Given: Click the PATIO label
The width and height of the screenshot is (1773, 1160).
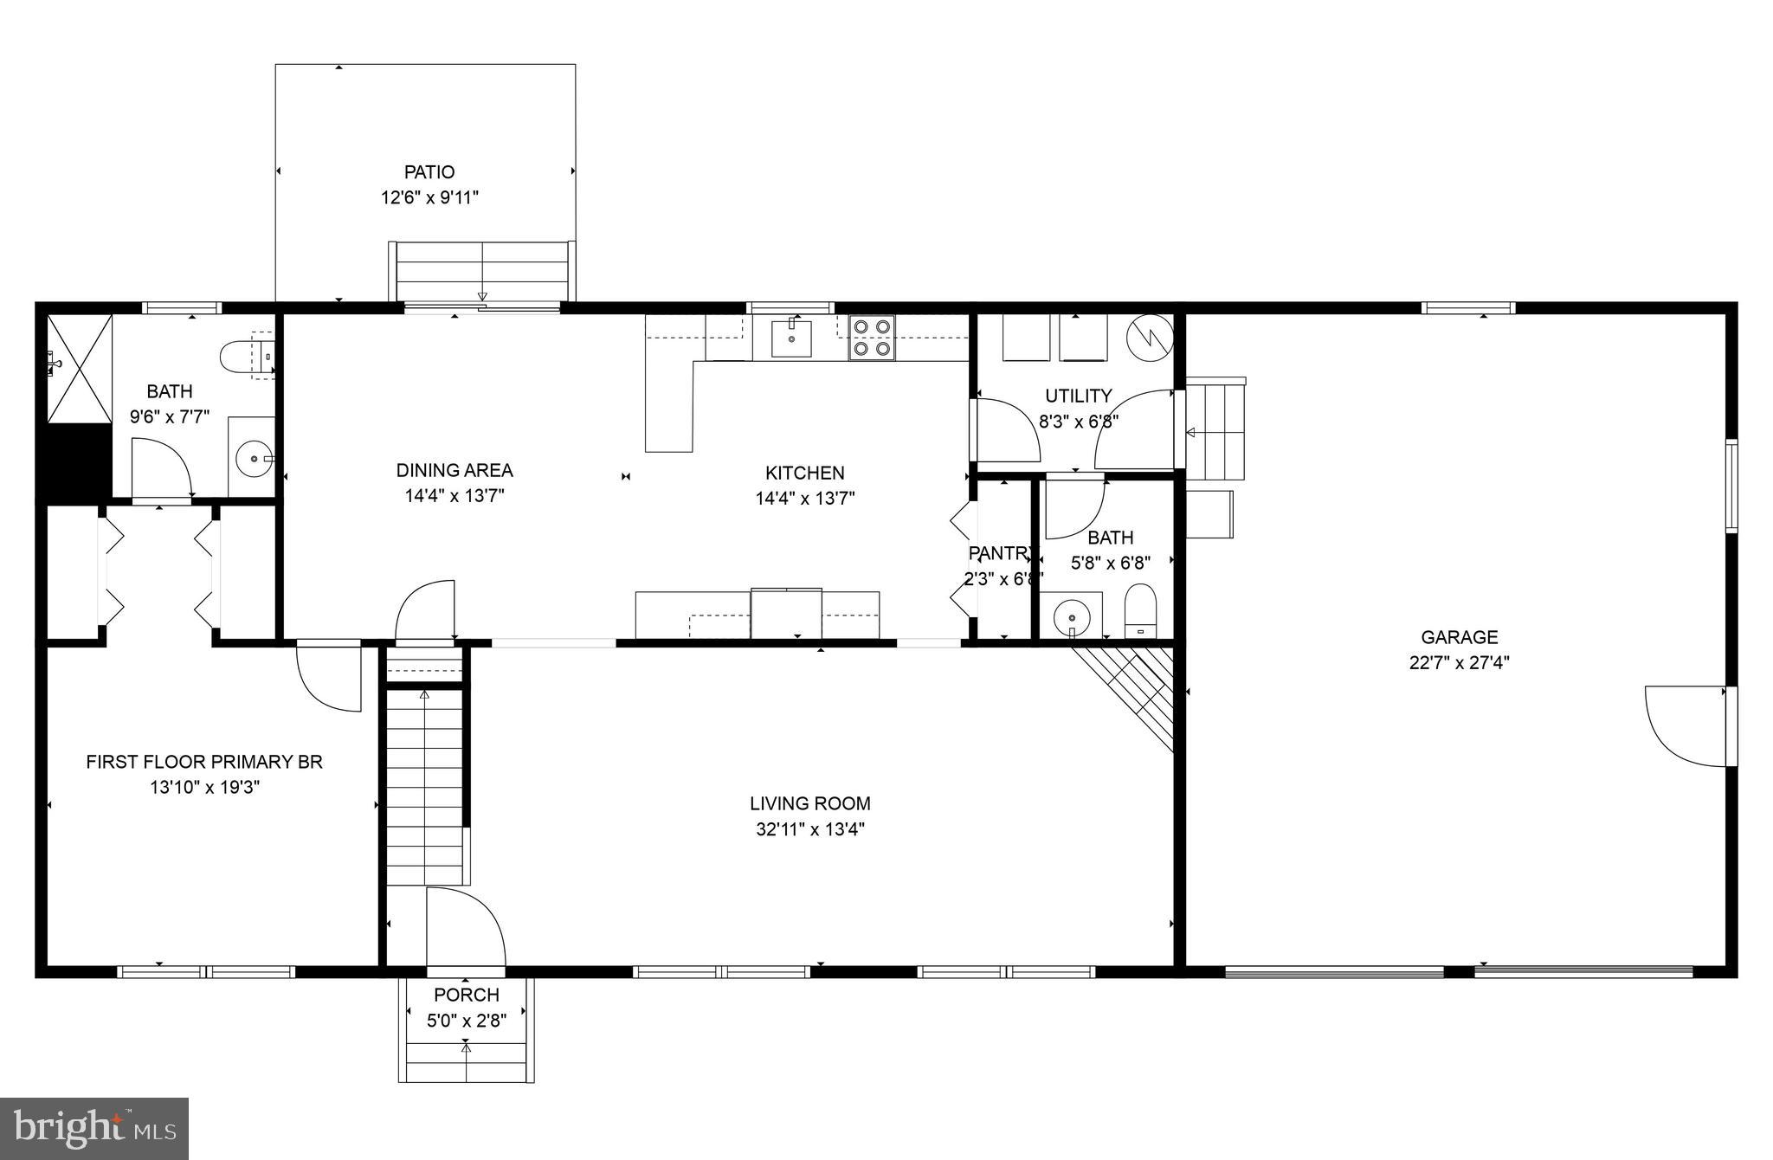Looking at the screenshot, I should pyautogui.click(x=429, y=172).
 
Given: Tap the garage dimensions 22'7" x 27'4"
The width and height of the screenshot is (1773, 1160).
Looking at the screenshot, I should pyautogui.click(x=1459, y=663).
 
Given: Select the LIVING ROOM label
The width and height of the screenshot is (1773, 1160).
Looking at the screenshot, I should pyautogui.click(x=809, y=803).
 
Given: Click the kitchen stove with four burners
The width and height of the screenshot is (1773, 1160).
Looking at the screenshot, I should pyautogui.click(x=871, y=338).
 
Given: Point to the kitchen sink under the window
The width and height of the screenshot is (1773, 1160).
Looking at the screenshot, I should pyautogui.click(x=791, y=338).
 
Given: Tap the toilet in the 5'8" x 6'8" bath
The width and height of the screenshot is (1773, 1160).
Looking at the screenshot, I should pyautogui.click(x=1140, y=609).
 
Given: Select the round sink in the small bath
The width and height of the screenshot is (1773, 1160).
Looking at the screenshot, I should pyautogui.click(x=1073, y=617).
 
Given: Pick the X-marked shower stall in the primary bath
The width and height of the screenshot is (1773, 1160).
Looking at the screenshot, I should pyautogui.click(x=79, y=369).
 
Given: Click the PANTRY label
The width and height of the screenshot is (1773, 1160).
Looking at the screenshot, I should pyautogui.click(x=1001, y=553).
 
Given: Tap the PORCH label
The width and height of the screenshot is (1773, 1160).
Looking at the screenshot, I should pyautogui.click(x=466, y=995).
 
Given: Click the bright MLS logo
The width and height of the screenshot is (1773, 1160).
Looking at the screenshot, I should pyautogui.click(x=94, y=1128).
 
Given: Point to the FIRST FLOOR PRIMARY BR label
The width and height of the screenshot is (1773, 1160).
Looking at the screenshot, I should pyautogui.click(x=204, y=762).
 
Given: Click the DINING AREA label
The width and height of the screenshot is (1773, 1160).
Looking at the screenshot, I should pyautogui.click(x=454, y=470).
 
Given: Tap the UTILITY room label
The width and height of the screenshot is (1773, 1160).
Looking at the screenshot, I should pyautogui.click(x=1078, y=396).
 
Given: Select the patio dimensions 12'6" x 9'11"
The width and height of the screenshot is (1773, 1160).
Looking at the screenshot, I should pyautogui.click(x=429, y=198).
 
